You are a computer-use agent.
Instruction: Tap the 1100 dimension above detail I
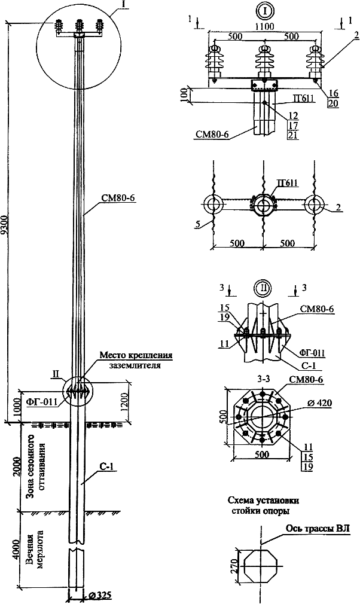265,26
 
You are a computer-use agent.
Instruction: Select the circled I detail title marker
265,11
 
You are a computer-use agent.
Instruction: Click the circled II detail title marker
263,288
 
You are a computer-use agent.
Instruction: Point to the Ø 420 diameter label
320,403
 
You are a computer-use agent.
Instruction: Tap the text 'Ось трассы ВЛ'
318,529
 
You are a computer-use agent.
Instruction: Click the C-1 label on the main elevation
106,467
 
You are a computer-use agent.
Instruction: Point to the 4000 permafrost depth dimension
16,550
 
